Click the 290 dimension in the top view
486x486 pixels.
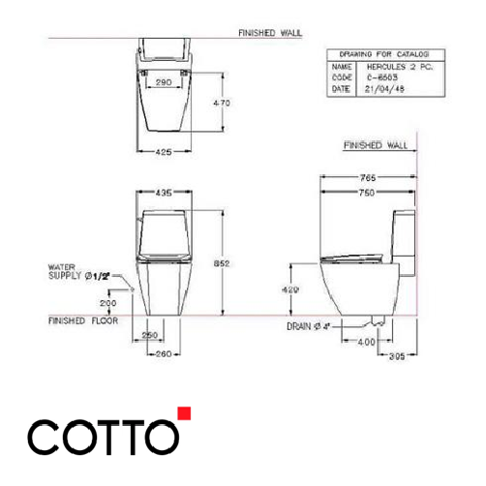(x=164, y=84)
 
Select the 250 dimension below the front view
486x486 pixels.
(x=150, y=335)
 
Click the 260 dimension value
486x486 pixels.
(x=163, y=353)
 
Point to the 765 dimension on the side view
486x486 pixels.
(x=366, y=178)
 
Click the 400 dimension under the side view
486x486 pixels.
(x=366, y=343)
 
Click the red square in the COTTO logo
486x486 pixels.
(x=184, y=414)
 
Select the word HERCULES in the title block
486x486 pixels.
(x=376, y=66)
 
